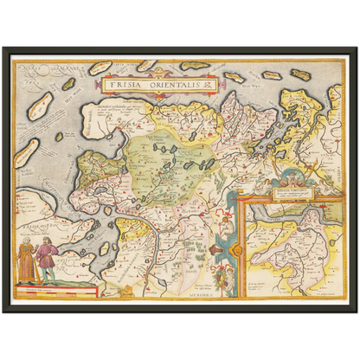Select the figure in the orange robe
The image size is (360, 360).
tap(27, 260)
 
